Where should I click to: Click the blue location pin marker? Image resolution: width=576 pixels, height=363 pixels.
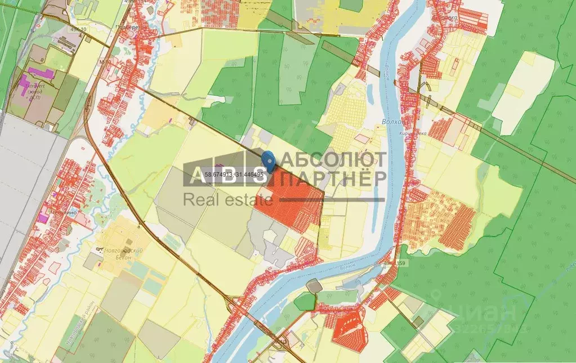269,162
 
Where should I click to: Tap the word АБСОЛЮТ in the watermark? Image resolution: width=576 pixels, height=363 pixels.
333,159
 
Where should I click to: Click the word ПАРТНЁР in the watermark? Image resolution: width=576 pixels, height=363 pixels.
333,179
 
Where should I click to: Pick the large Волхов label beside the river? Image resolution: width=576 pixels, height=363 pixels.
392,122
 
